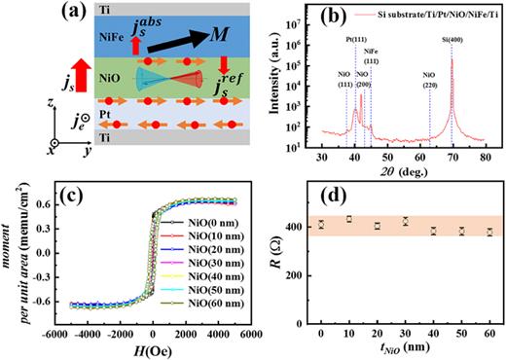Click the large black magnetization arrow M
179,40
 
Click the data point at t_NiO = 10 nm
348,219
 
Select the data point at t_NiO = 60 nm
490,232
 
